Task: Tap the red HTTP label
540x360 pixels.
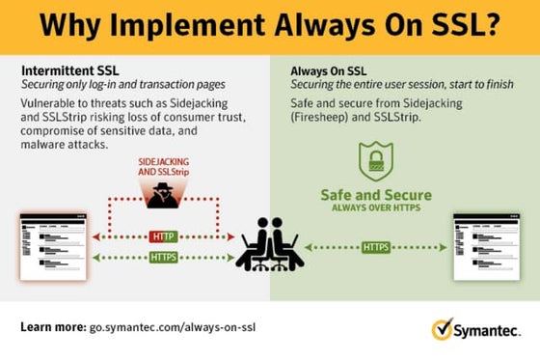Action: pos(163,236)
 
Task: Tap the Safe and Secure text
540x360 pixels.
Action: pos(376,195)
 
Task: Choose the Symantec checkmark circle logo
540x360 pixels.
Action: pos(445,328)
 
